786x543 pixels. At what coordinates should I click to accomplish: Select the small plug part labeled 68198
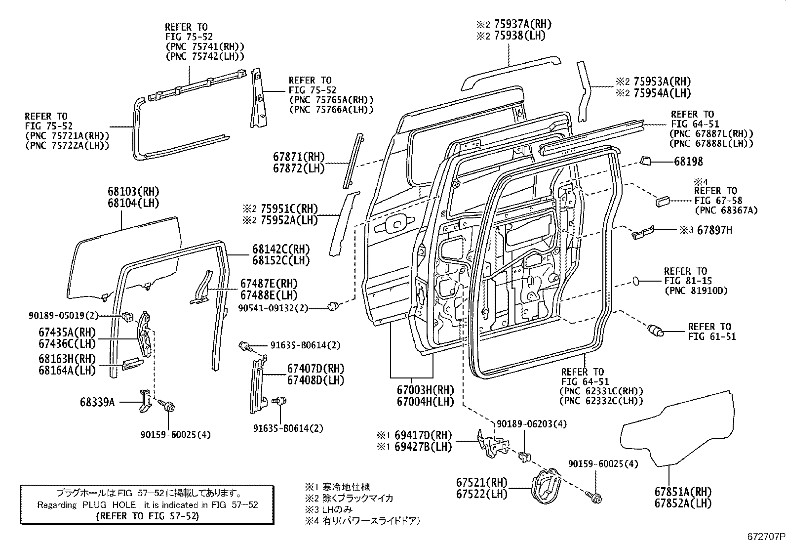(645, 160)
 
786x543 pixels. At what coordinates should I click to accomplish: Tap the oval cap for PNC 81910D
(636, 281)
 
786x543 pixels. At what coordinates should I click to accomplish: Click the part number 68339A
(97, 402)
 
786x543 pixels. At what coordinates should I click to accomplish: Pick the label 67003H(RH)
(425, 390)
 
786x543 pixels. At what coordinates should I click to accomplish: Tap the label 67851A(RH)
(683, 492)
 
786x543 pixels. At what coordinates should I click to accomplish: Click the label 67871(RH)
(299, 157)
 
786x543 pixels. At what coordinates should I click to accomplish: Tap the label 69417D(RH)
(422, 435)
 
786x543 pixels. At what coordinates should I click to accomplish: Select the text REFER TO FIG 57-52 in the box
(147, 516)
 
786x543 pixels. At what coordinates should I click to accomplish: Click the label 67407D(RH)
(315, 368)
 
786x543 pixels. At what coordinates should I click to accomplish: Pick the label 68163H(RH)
(67, 359)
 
